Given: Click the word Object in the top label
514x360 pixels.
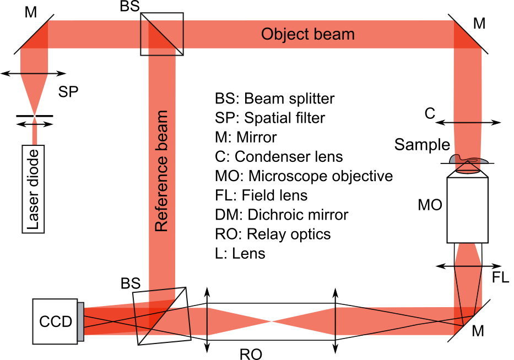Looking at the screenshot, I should coord(283,34).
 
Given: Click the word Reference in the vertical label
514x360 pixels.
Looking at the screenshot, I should coord(161,196).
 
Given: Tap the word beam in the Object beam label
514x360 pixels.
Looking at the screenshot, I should coord(333,34).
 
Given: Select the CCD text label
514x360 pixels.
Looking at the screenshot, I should coord(56,322).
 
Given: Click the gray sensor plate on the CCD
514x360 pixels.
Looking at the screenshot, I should coord(80,321).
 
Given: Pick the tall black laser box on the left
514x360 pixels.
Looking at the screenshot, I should coord(33,189).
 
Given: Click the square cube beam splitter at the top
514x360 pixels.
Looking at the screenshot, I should coord(161,34).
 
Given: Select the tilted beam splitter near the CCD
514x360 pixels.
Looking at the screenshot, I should coord(162,316).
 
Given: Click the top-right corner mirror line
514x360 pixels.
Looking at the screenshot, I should coord(468,34).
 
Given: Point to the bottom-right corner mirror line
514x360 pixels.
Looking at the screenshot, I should coord(473,318).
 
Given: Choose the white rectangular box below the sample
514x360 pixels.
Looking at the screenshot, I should coord(467,210).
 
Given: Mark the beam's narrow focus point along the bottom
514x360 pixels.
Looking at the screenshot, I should coord(271,321).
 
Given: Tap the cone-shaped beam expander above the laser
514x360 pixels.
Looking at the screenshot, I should coord(34,94).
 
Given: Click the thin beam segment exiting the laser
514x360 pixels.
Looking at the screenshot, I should coord(34,135).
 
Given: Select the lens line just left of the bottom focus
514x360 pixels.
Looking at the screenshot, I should coord(207,321).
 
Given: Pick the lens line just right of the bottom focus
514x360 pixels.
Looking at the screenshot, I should coord(336,321).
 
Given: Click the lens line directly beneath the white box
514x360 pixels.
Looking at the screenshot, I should coord(468,266).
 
